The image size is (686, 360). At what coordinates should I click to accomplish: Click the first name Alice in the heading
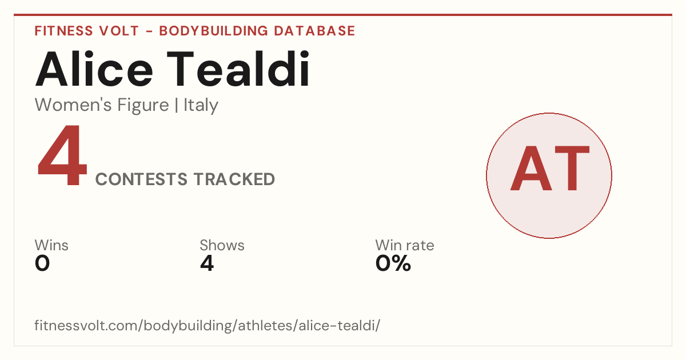[x=94, y=69]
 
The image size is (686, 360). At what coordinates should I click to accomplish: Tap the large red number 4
[x=62, y=155]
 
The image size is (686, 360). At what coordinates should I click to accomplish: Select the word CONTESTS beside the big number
[x=141, y=179]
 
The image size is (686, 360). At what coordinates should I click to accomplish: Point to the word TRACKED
[x=234, y=179]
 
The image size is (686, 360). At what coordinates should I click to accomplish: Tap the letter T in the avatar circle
[x=572, y=169]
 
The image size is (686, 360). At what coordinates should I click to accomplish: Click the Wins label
[x=51, y=245]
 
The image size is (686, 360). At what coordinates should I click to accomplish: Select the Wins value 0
[x=42, y=263]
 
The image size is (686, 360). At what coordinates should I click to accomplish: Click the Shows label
[x=222, y=245]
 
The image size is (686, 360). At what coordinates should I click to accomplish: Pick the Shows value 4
[x=207, y=263]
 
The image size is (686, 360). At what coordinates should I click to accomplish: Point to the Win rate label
[x=405, y=245]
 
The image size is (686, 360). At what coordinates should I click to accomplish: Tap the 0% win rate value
[x=393, y=263]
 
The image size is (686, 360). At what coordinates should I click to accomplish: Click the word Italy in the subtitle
[x=201, y=105]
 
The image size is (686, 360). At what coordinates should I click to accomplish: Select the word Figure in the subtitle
[x=143, y=106]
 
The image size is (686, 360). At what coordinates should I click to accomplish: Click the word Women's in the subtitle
[x=73, y=105]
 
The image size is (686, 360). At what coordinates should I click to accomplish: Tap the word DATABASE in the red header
[x=314, y=31]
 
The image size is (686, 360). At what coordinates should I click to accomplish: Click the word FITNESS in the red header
[x=63, y=31]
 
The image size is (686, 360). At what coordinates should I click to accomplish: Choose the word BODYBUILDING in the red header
[x=214, y=31]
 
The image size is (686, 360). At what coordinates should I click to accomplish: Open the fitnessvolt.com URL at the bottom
[x=208, y=326]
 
